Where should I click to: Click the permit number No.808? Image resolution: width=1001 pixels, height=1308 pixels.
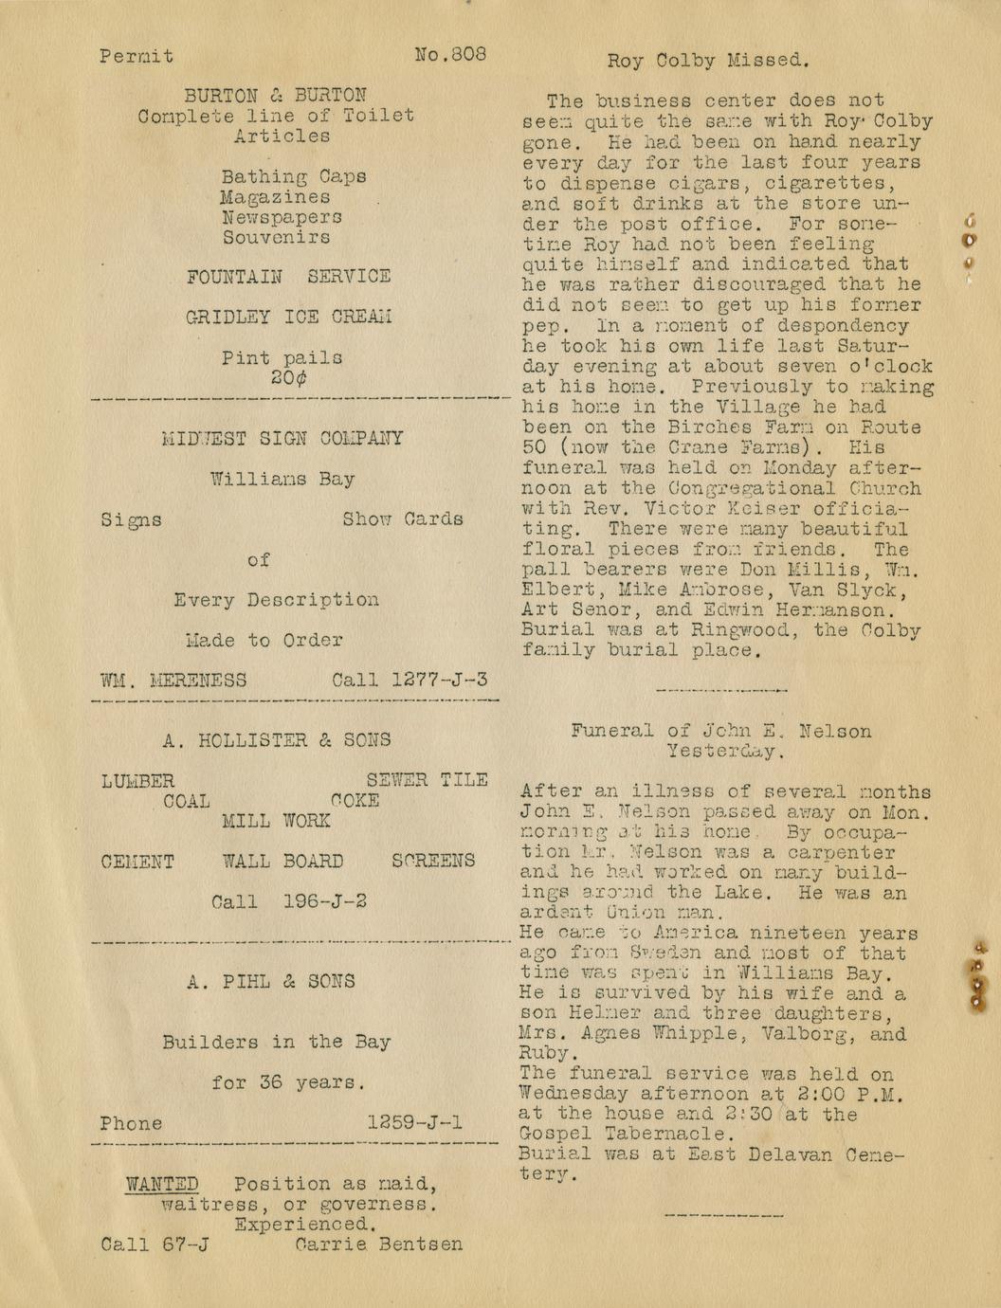coord(450,54)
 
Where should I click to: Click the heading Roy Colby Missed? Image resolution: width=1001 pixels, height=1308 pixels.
coord(708,61)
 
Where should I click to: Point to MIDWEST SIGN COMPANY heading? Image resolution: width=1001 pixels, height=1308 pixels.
coord(282,439)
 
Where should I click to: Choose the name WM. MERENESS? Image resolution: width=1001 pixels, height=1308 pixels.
coord(173,681)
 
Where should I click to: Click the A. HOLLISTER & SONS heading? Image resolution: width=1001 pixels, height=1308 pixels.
coord(276,740)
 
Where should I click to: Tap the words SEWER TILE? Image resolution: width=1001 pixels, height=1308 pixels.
coord(427,780)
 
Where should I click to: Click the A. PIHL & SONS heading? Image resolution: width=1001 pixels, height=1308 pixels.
coord(270,982)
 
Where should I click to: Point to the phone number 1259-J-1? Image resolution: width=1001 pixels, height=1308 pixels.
coord(414,1123)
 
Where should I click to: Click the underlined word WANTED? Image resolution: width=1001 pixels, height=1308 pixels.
coord(163,1184)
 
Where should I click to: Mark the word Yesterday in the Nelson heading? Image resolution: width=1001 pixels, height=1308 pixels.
coord(724,752)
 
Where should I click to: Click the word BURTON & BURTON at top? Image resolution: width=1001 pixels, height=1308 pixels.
coord(275,96)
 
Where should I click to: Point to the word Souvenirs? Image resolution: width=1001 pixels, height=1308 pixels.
coord(276,237)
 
